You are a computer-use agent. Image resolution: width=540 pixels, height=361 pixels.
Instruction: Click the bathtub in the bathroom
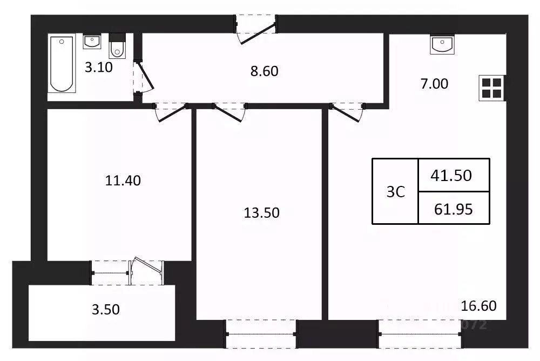(x=61, y=63)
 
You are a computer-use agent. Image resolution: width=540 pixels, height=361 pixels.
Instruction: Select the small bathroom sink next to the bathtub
(x=92, y=42)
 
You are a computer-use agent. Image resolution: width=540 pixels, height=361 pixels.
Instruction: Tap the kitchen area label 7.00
(x=434, y=84)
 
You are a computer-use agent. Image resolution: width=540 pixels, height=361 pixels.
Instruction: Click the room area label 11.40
(x=123, y=180)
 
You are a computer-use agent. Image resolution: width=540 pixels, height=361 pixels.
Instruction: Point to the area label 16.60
(x=478, y=306)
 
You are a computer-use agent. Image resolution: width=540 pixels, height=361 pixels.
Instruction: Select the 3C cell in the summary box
(x=395, y=192)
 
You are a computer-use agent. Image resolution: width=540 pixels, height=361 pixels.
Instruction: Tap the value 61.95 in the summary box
(x=454, y=209)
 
